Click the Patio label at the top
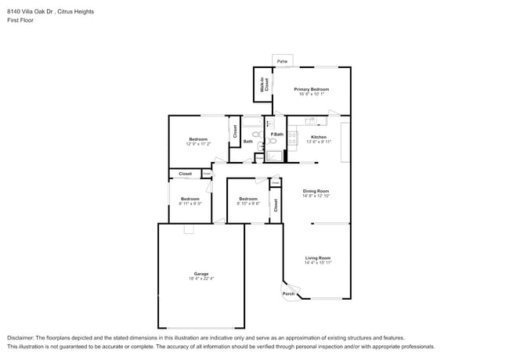[282, 61]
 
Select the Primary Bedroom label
[311, 90]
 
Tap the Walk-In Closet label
[265, 85]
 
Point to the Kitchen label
[319, 137]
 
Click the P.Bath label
[276, 135]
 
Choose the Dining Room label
[316, 191]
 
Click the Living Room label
[317, 258]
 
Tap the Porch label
[289, 294]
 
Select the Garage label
[201, 273]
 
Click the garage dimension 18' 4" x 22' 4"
[201, 279]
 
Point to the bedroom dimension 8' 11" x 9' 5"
[190, 204]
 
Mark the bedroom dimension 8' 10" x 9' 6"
[249, 204]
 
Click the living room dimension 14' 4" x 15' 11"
[317, 264]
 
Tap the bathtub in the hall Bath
[252, 123]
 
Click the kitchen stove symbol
[293, 138]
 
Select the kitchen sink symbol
[311, 121]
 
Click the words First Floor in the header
[21, 20]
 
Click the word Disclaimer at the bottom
[22, 337]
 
